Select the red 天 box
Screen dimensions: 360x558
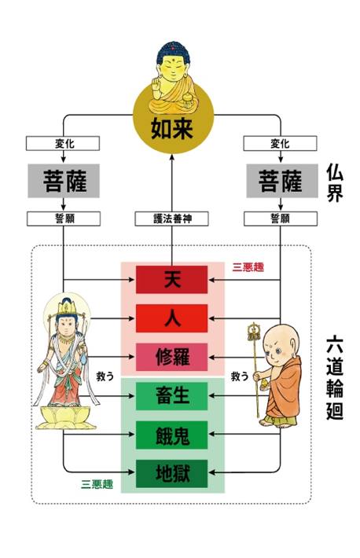171,279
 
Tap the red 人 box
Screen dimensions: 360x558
171,318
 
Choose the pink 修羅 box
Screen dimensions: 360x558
171,357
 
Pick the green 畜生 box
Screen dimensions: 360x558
171,396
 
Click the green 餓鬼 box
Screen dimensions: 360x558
171,435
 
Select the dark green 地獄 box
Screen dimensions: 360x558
171,474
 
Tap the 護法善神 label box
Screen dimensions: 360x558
171,218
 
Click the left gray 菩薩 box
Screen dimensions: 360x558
64,181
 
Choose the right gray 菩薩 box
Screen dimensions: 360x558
282,181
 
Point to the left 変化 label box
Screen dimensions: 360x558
63,143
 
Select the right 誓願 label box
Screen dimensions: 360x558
281,218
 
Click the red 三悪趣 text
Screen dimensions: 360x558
248,267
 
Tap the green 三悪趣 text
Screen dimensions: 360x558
97,484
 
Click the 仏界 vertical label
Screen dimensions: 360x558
335,183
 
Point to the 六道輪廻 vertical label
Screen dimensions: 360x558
335,377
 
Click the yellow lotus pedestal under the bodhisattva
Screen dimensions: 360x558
65,417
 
